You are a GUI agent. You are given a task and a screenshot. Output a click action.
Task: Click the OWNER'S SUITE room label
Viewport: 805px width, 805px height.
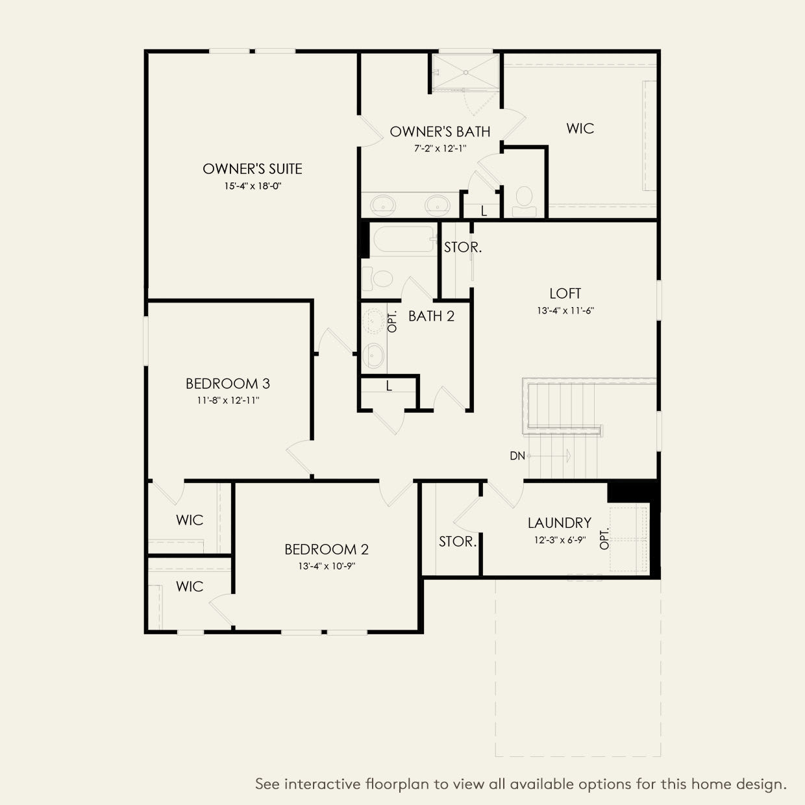point(253,169)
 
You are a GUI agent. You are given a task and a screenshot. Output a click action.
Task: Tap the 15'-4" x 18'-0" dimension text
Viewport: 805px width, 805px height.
point(253,186)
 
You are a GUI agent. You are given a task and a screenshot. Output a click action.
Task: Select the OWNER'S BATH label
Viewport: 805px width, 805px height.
point(440,132)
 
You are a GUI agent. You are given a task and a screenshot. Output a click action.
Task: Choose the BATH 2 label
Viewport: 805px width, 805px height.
point(432,316)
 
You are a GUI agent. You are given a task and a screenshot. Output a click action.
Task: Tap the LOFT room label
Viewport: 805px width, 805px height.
point(565,293)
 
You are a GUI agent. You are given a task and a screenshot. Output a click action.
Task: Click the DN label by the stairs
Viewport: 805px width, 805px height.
point(517,456)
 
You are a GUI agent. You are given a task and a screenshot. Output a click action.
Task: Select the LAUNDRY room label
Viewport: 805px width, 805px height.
point(559,523)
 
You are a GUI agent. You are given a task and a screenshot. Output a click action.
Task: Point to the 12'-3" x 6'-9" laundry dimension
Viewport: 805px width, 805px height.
point(559,539)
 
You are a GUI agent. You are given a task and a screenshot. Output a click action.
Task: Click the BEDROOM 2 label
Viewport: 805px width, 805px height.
point(327,549)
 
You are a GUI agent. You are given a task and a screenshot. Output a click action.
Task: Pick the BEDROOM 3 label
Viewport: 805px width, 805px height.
point(228,384)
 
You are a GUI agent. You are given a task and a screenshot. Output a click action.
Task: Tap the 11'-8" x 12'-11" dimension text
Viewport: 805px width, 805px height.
point(228,401)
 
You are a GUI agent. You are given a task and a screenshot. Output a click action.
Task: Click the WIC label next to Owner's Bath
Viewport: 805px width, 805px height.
point(580,129)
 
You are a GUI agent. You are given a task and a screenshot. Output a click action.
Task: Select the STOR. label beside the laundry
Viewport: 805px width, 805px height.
point(458,541)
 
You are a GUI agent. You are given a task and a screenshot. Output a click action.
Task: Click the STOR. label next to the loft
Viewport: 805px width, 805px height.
point(463,247)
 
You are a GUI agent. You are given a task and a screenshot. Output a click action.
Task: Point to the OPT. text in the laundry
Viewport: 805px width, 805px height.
point(605,538)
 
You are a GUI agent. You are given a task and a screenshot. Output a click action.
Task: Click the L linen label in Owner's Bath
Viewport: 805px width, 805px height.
point(484,212)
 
